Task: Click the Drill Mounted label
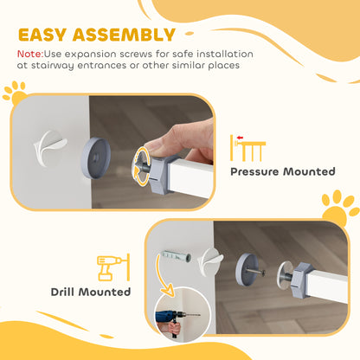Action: (91, 292)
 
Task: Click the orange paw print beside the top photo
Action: (14, 90)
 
